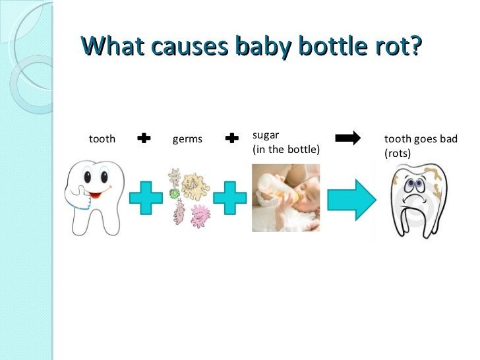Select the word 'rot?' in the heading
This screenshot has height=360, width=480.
tap(394, 47)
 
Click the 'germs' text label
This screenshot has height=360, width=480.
tap(187, 139)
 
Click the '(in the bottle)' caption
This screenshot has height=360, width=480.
tap(285, 149)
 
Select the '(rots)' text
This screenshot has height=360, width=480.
tap(397, 154)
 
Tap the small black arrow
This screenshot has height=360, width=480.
tap(348, 138)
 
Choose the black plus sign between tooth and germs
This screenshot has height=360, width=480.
tap(144, 138)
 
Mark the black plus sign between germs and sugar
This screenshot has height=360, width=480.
tap(231, 138)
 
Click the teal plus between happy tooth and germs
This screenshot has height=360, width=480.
tap(145, 198)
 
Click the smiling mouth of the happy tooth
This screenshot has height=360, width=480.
tap(98, 195)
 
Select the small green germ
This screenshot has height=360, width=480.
tap(175, 194)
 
